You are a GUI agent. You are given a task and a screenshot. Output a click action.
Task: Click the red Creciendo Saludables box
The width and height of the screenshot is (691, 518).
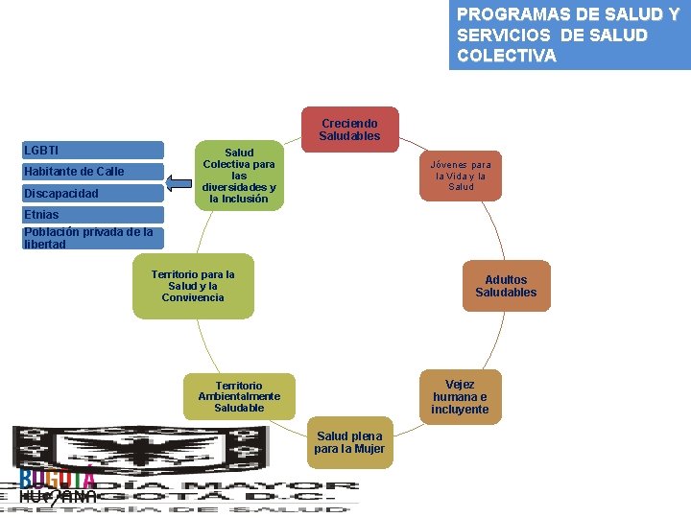click(349, 129)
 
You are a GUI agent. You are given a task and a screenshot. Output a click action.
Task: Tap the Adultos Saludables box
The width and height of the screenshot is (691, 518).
click(506, 286)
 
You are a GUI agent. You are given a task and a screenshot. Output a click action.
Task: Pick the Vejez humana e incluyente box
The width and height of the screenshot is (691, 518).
click(460, 397)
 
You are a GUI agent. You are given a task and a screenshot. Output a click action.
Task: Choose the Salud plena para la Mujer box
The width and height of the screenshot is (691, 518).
click(349, 442)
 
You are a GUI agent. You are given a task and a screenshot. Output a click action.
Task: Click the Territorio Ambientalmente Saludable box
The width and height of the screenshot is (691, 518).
click(239, 396)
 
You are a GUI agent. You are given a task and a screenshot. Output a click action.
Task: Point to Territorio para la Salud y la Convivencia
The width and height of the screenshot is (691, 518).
click(193, 286)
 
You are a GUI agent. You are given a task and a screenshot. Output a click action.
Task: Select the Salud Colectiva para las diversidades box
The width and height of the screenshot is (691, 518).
click(239, 176)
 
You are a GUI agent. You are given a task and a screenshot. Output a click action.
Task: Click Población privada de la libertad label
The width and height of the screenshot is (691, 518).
click(87, 237)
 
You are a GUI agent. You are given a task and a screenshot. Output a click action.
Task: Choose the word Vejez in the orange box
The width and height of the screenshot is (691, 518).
click(460, 385)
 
